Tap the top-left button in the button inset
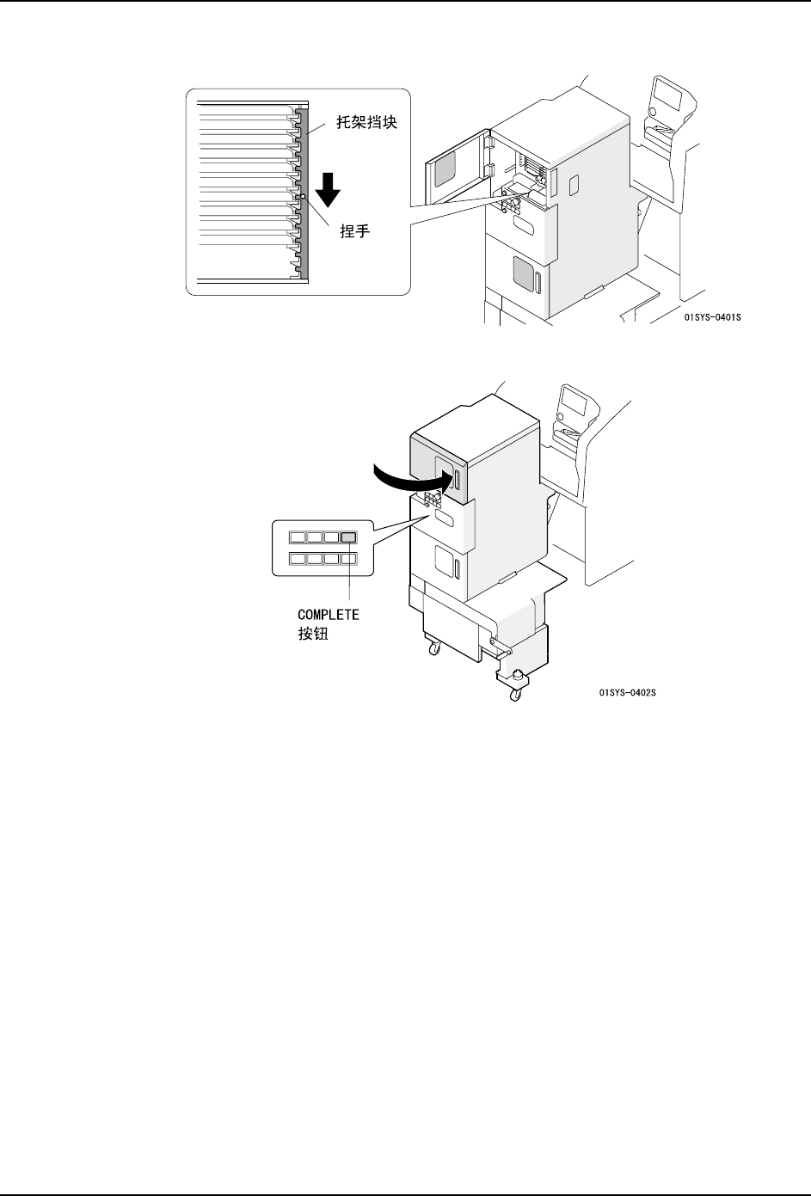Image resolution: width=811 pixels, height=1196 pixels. tap(298, 537)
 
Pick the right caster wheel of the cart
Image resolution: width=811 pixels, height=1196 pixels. tap(513, 694)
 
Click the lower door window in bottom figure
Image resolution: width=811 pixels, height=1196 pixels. tap(445, 561)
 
